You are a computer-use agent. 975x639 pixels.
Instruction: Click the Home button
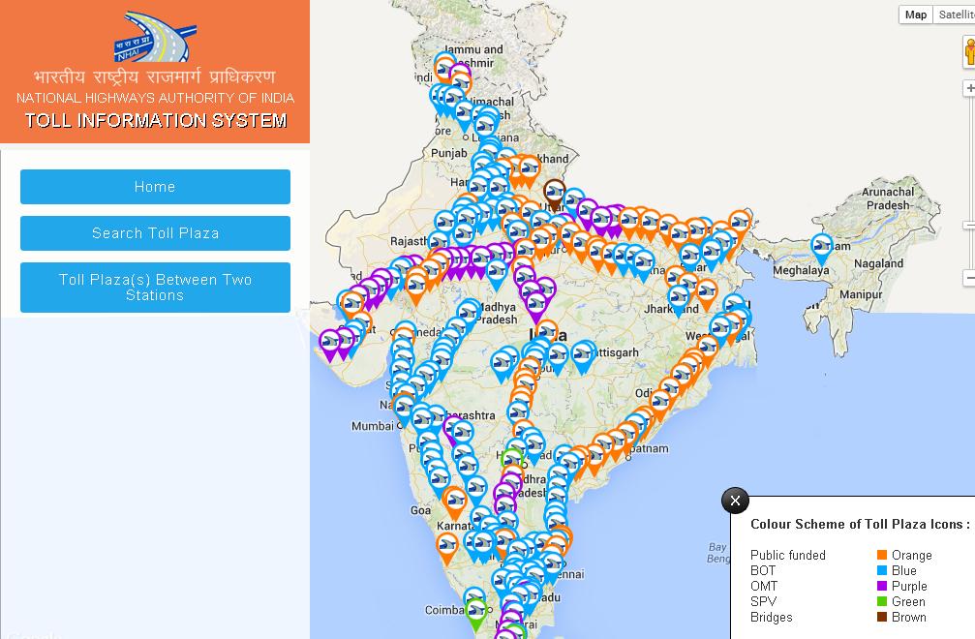(155, 187)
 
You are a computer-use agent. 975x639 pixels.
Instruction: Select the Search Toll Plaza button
(155, 233)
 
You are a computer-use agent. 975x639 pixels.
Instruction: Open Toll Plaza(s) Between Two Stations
(155, 288)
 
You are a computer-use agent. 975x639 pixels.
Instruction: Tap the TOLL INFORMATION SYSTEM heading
(156, 121)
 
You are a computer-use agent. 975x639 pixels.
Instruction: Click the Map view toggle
(916, 15)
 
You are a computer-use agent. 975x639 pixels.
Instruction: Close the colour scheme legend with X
(735, 501)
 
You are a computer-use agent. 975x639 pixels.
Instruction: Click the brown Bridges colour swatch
(882, 618)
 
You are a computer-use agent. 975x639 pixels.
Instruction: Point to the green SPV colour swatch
(882, 602)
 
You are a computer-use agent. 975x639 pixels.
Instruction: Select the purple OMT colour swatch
(882, 587)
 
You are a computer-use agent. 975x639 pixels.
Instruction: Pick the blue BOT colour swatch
(882, 571)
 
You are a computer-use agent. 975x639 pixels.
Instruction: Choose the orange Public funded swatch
(882, 556)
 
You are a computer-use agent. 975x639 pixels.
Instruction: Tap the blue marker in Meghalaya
(822, 248)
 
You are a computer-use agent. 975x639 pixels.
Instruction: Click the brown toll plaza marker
(554, 192)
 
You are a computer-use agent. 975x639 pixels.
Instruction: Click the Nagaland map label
(878, 263)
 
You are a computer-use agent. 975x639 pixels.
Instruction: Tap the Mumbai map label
(373, 426)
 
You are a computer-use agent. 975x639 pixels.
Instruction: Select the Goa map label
(420, 510)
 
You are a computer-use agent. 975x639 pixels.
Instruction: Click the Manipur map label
(860, 294)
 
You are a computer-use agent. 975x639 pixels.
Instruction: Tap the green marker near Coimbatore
(475, 612)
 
